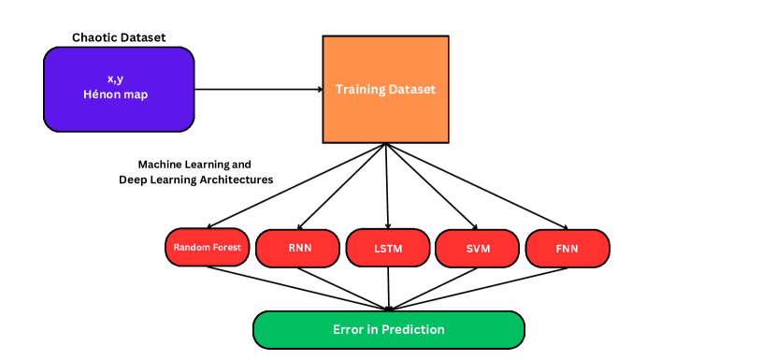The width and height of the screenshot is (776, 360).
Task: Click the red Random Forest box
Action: [207, 247]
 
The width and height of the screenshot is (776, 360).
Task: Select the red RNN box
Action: [297, 248]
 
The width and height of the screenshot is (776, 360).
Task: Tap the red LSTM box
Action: [388, 248]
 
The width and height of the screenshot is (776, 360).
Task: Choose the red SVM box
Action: [478, 248]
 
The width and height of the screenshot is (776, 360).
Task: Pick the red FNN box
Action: [568, 248]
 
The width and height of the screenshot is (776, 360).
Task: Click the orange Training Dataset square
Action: [385, 89]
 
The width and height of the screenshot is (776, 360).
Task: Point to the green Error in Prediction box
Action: [389, 330]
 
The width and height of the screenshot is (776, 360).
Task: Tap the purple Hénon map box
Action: [119, 89]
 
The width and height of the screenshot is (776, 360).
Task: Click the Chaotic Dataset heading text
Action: [119, 37]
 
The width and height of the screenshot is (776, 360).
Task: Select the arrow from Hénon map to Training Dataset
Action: [258, 90]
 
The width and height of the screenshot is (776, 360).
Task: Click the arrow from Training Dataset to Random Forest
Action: [297, 186]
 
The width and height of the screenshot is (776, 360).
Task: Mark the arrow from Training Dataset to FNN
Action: [477, 186]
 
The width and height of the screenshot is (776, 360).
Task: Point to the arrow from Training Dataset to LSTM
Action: [386, 186]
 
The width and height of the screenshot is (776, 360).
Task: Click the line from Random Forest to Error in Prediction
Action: [297, 289]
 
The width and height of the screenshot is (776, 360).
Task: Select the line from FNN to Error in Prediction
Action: [479, 289]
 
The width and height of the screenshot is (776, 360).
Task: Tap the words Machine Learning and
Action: [194, 165]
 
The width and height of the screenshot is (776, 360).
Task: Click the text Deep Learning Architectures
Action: [196, 180]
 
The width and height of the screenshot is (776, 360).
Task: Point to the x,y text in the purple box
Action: [115, 79]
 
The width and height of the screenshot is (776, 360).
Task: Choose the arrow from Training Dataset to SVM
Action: [432, 186]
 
